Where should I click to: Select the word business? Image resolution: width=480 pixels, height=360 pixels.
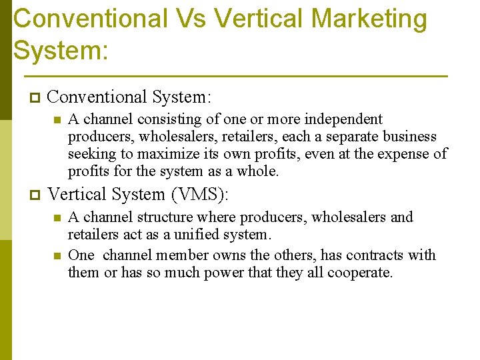pyautogui.click(x=410, y=137)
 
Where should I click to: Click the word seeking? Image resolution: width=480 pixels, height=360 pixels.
pyautogui.click(x=90, y=154)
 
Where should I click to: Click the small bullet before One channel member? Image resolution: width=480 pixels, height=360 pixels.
pyautogui.click(x=57, y=255)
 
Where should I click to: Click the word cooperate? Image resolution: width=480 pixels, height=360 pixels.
pyautogui.click(x=364, y=273)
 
